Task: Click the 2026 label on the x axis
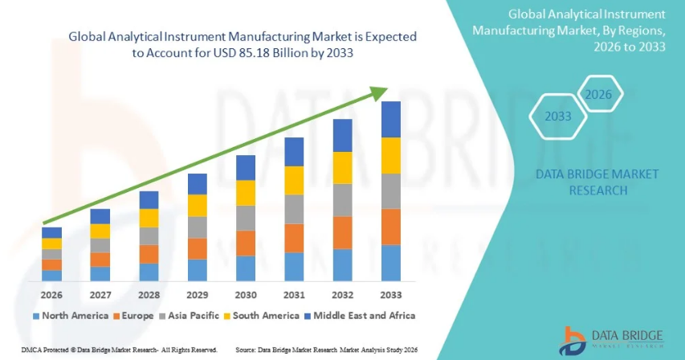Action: (51, 294)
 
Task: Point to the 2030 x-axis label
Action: (246, 294)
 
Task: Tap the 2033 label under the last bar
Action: (391, 294)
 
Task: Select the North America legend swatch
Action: (35, 316)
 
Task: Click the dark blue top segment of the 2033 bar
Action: (391, 119)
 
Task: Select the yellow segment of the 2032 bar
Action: (343, 168)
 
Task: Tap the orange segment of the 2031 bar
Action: (294, 238)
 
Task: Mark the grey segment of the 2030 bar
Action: (246, 218)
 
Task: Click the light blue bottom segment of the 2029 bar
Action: (198, 270)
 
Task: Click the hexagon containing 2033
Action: (557, 117)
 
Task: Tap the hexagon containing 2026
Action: (598, 95)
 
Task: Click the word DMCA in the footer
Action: (13, 350)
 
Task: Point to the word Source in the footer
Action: (247, 350)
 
